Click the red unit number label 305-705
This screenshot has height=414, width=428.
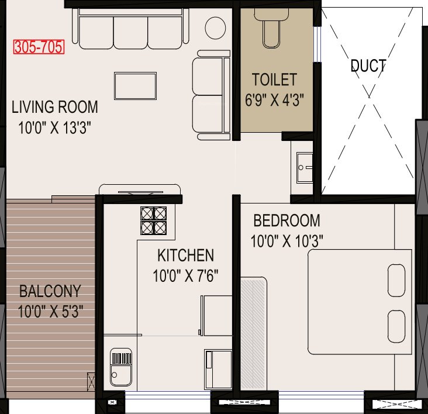[39, 47]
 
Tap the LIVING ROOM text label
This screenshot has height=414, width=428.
[55, 107]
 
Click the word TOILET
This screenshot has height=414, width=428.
[274, 79]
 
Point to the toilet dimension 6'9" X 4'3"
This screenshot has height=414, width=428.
[275, 98]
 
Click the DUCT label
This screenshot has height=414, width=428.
[368, 65]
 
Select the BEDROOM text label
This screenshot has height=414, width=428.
[287, 220]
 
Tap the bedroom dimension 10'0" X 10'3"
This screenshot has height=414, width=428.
[287, 240]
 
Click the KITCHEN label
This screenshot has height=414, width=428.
[185, 255]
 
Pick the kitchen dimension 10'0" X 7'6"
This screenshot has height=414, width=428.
[185, 275]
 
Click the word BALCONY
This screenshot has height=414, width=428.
[50, 291]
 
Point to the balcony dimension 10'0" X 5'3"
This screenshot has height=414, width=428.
[50, 310]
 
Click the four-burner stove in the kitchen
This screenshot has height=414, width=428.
[154, 221]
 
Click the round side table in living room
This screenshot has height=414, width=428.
[215, 27]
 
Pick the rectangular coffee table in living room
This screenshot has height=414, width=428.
[135, 85]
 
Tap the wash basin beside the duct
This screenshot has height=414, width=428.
[304, 167]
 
